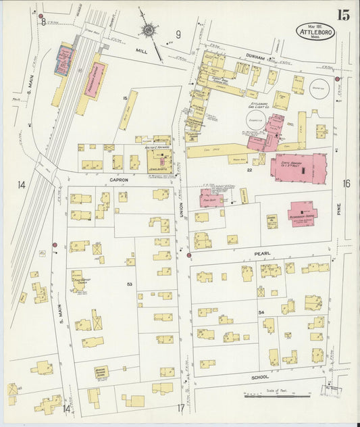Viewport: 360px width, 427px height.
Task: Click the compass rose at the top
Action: [148, 30]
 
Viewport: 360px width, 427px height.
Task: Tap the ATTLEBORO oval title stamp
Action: [315, 32]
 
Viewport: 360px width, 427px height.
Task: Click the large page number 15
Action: [343, 16]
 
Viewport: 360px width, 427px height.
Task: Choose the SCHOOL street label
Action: [259, 377]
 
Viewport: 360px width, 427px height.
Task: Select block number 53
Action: [129, 285]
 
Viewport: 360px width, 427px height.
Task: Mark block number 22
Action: [249, 170]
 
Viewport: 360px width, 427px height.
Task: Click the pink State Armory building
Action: [301, 168]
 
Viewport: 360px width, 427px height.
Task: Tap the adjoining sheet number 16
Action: [346, 184]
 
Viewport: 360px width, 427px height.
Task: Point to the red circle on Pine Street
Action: [337, 79]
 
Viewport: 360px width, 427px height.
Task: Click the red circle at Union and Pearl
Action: [188, 255]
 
